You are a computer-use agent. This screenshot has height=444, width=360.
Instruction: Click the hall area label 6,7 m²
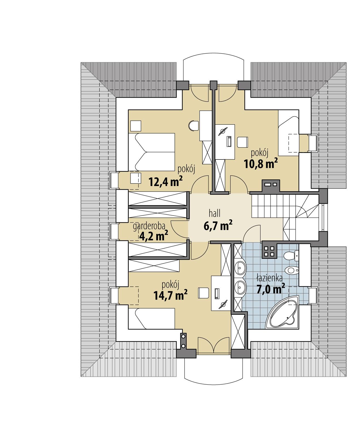pyautogui.click(x=218, y=226)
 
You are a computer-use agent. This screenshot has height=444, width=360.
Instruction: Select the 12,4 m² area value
pyautogui.click(x=165, y=181)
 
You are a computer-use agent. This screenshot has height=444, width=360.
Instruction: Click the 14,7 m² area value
pyautogui.click(x=170, y=295)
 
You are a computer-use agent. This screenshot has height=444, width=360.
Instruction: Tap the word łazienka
pyautogui.click(x=269, y=278)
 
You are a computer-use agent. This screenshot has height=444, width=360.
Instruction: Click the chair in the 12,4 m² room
pyautogui.click(x=194, y=126)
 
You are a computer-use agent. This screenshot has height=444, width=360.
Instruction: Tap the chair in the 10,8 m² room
pyautogui.click(x=242, y=142)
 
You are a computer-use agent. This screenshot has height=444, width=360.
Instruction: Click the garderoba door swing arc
pyautogui.click(x=178, y=230)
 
